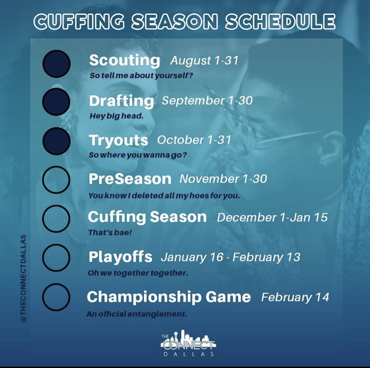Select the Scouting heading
125,61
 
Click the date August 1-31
204,61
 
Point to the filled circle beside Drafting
56,101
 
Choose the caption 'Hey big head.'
116,116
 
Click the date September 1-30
207,101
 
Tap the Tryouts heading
118,140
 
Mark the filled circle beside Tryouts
56,140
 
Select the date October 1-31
194,140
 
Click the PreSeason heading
130,179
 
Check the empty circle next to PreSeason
56,179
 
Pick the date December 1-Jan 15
272,217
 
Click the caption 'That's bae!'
110,233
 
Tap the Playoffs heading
120,257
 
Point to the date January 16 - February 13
230,257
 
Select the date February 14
295,297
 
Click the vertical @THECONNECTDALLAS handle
23,278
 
